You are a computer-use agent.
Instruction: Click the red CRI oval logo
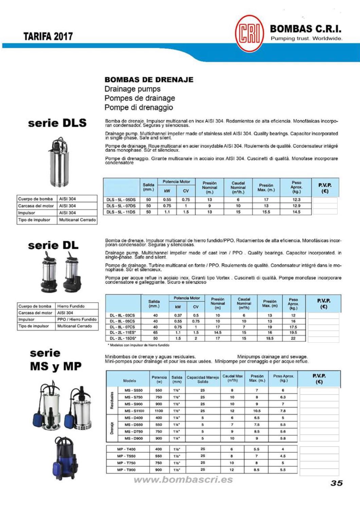249,34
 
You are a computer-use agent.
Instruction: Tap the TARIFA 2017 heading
48,36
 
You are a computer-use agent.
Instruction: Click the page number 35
337,483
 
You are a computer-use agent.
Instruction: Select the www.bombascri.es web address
183,480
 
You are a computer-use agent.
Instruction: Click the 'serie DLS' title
57,123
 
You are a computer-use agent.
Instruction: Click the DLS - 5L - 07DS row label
121,206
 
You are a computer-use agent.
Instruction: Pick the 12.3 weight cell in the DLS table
296,200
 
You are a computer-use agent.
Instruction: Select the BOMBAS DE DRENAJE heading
149,80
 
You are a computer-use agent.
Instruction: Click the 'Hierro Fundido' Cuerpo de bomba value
71,306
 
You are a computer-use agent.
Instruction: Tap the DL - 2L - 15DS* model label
123,338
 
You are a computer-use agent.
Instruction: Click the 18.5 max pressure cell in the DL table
270,338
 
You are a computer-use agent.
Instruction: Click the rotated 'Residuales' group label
111,400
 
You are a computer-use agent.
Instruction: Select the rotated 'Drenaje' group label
111,428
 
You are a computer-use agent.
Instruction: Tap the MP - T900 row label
126,470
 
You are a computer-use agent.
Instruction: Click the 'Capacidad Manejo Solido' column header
203,379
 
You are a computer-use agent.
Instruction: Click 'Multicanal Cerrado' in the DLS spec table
77,220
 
